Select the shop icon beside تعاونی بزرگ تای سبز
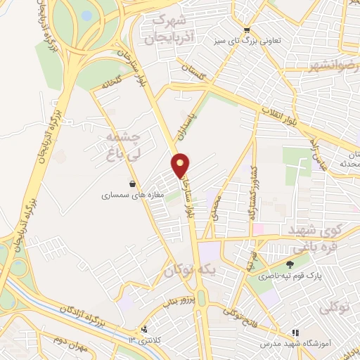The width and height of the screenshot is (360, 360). point(247,30)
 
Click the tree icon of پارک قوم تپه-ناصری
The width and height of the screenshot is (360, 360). point(290,265)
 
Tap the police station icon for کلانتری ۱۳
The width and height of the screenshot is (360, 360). point(145,329)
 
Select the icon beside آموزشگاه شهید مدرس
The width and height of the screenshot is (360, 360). point(295,332)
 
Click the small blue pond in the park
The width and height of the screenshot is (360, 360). point(86,15)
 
